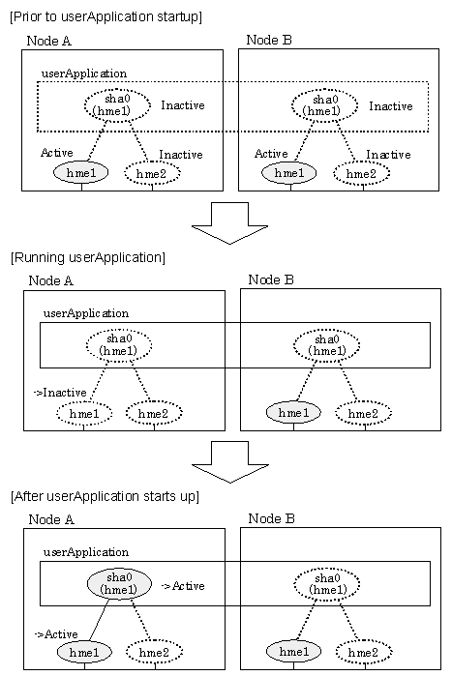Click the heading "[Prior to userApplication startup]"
106,16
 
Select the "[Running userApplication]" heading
88,257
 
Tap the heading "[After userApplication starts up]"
105,496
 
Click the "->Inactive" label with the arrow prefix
60,393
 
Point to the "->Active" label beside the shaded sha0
183,586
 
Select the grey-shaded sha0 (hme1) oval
119,583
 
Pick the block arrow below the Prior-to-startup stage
229,223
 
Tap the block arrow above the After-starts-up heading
230,461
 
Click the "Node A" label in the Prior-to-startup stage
48,41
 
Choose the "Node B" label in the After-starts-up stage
271,518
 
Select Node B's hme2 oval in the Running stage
363,414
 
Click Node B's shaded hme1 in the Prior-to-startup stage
289,173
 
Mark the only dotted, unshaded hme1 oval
84,414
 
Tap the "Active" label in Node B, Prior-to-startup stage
271,154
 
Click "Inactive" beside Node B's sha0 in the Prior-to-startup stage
391,106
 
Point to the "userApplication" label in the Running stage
86,313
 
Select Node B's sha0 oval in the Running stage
327,345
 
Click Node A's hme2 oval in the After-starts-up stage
155,652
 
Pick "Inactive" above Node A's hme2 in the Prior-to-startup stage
181,155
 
